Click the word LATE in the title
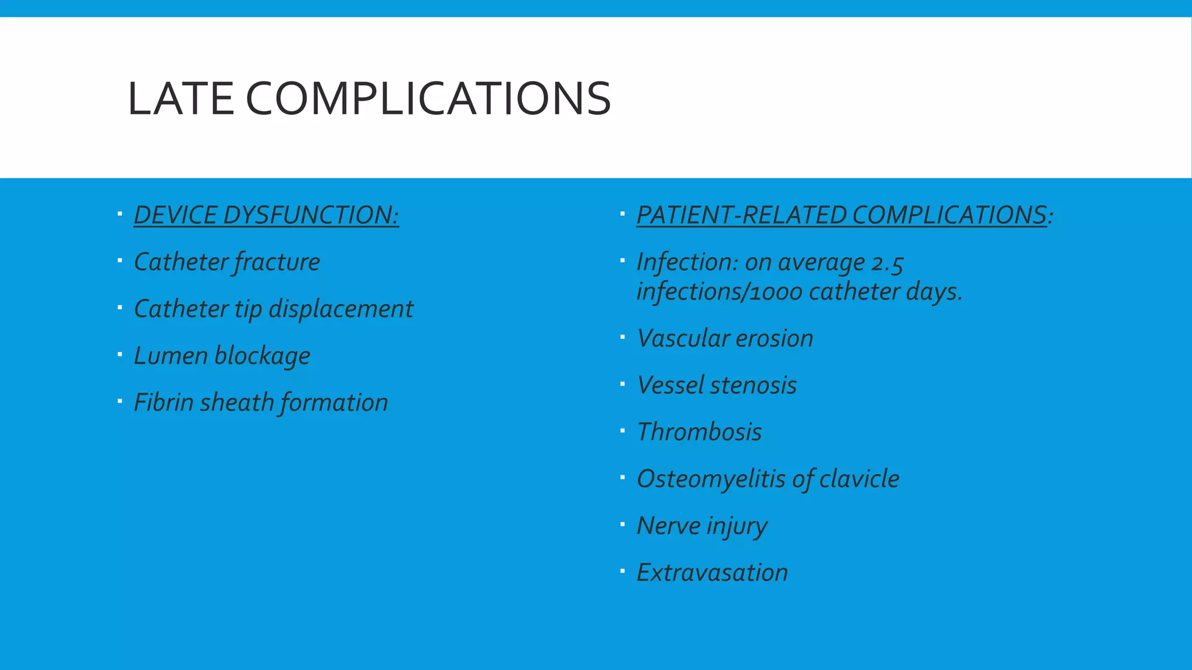pyautogui.click(x=181, y=99)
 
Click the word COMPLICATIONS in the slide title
pyautogui.click(x=428, y=99)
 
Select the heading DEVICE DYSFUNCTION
pyautogui.click(x=266, y=215)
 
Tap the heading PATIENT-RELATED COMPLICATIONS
pyautogui.click(x=842, y=215)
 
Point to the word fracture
pyautogui.click(x=277, y=262)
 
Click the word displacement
pyautogui.click(x=340, y=309)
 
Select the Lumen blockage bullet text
pyautogui.click(x=222, y=356)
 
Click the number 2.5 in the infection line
pyautogui.click(x=887, y=263)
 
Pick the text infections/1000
pyautogui.click(x=719, y=291)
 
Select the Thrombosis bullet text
pyautogui.click(x=699, y=432)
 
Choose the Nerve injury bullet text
pyautogui.click(x=702, y=526)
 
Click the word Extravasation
pyautogui.click(x=712, y=573)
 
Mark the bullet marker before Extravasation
pyautogui.click(x=622, y=571)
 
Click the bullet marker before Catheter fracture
pyautogui.click(x=119, y=261)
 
